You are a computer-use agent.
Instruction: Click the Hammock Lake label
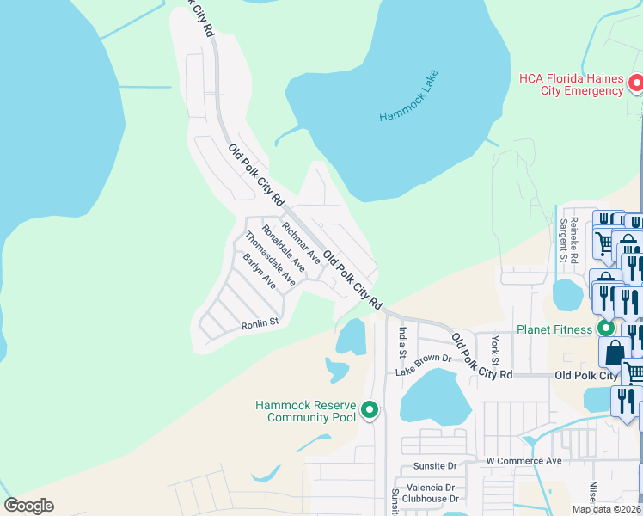click(x=408, y=95)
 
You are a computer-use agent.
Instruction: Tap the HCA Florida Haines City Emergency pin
click(x=636, y=83)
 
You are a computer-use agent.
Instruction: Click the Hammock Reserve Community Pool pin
click(x=370, y=411)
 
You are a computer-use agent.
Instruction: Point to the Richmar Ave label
click(x=302, y=243)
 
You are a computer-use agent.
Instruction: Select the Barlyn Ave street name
click(x=259, y=271)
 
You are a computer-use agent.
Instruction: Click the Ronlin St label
click(x=260, y=322)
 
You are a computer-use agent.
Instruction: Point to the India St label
click(x=401, y=339)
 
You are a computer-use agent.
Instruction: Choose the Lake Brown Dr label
click(x=423, y=365)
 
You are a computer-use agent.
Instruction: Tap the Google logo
click(x=28, y=506)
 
